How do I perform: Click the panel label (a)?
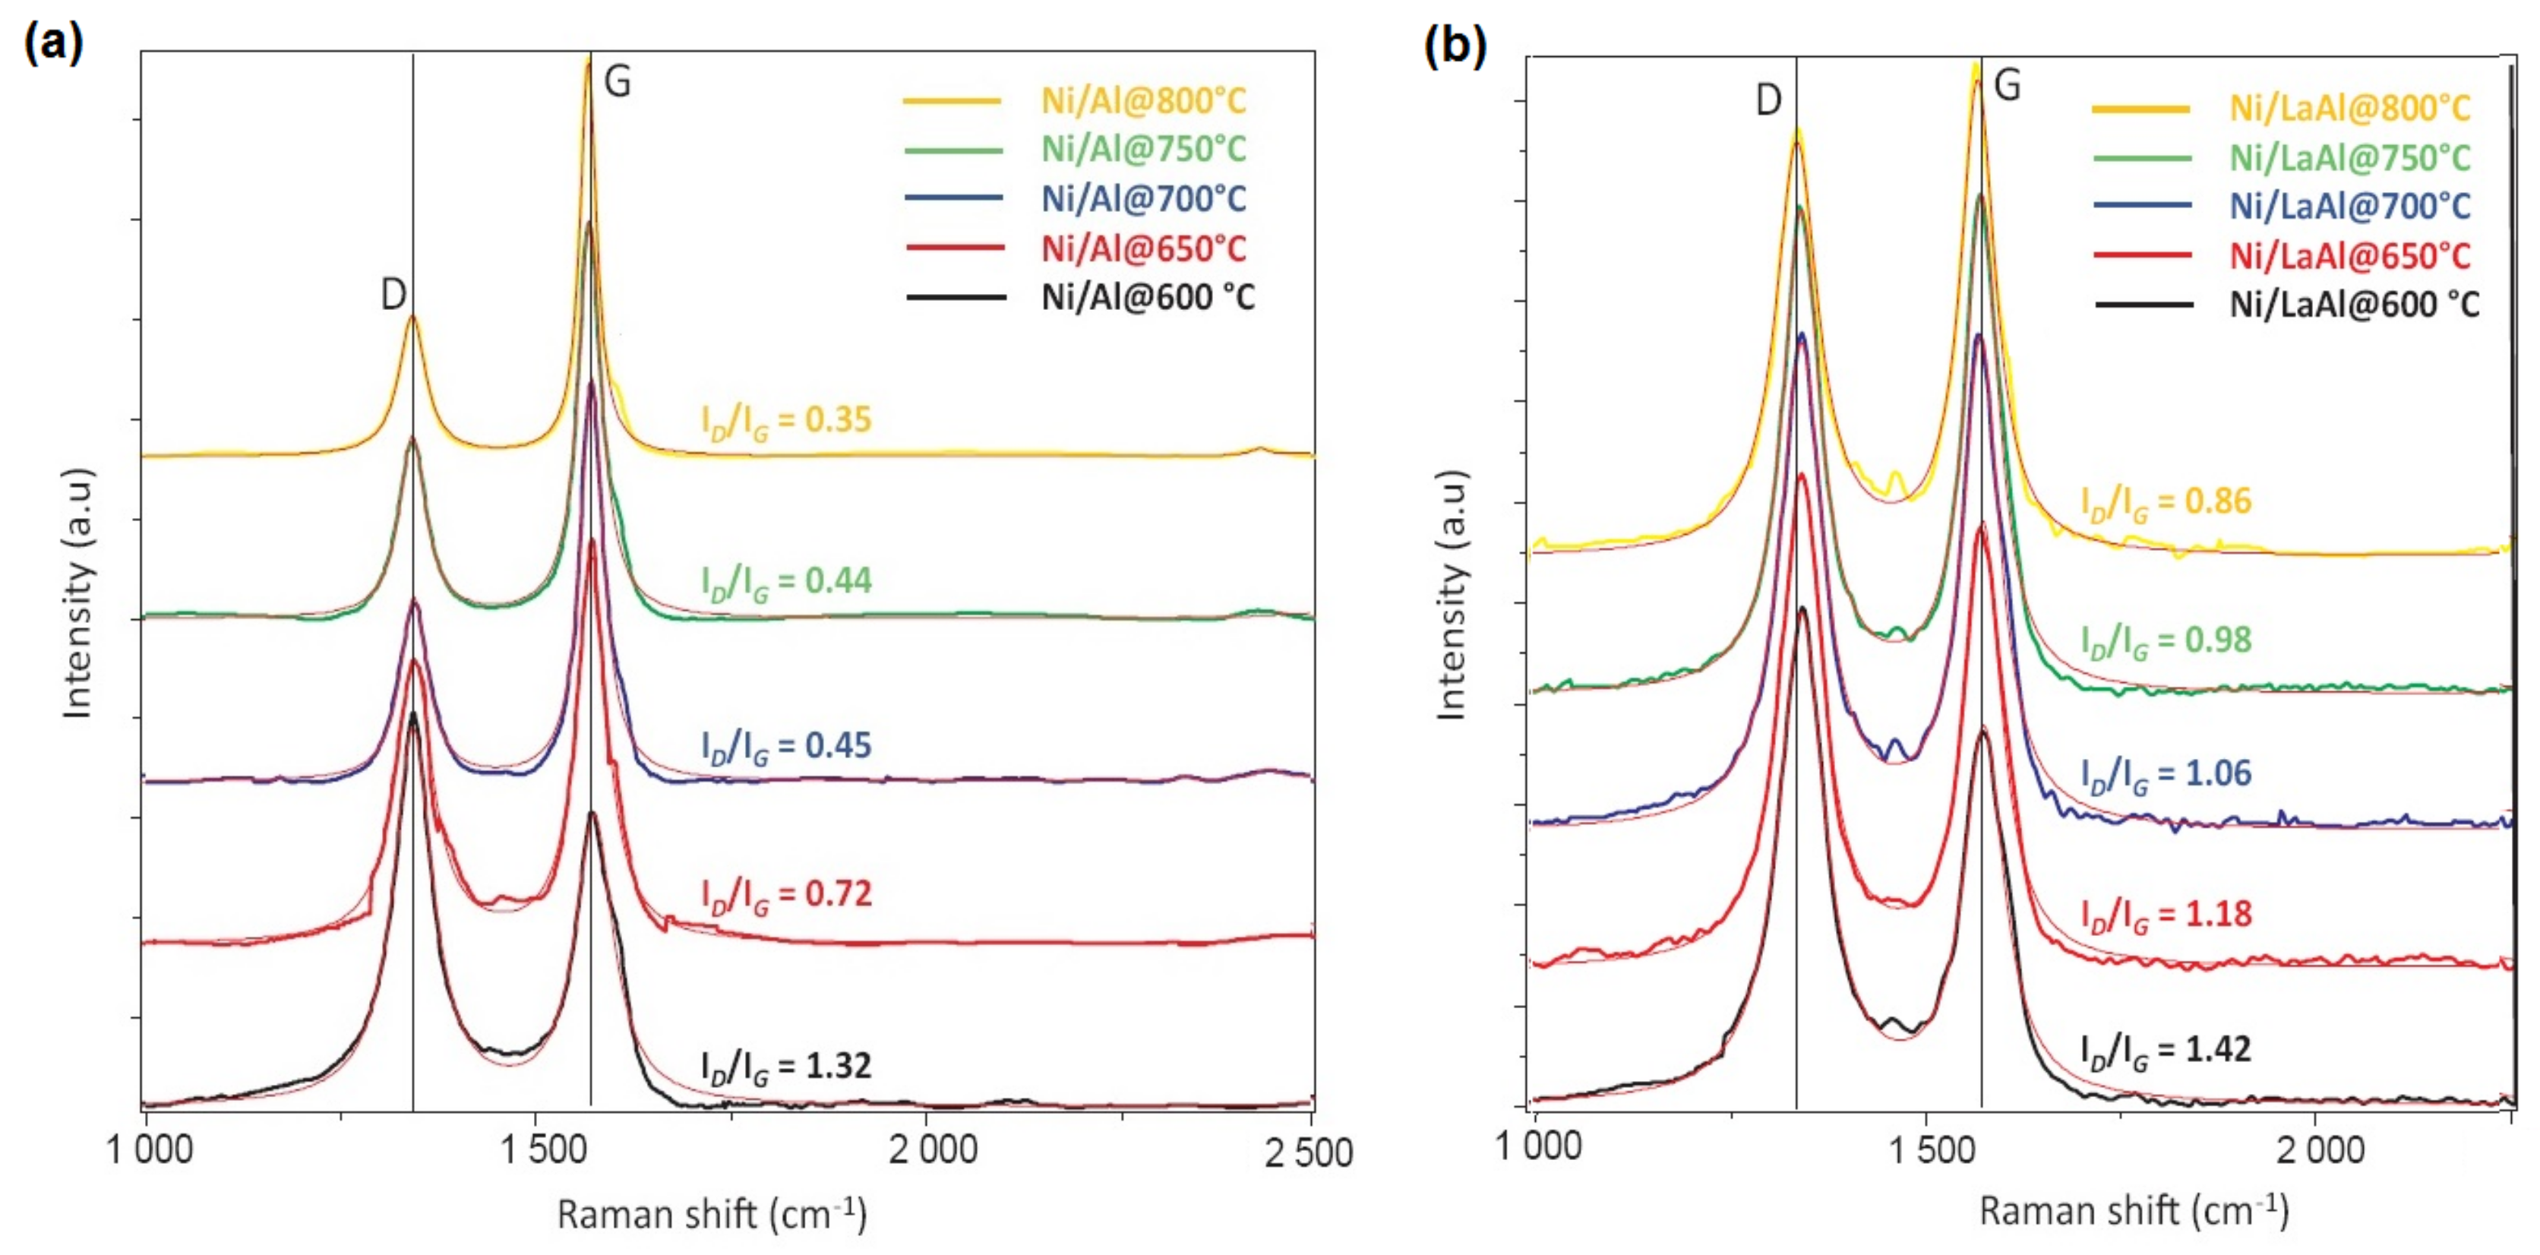[x=54, y=43]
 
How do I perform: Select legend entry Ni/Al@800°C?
[x=1143, y=100]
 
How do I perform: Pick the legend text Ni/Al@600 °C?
[x=1148, y=297]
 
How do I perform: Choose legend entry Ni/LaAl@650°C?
[x=2349, y=256]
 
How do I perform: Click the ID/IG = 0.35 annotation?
[x=786, y=420]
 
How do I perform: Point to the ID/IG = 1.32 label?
[x=786, y=1067]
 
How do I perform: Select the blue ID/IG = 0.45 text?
[x=786, y=746]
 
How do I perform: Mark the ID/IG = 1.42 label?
[x=2166, y=1050]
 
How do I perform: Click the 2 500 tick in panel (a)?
[x=1309, y=1152]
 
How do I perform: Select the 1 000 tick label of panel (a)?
[x=150, y=1149]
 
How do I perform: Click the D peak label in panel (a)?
[x=393, y=294]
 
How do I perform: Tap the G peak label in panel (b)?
[x=2008, y=86]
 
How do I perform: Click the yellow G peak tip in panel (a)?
[x=588, y=61]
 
